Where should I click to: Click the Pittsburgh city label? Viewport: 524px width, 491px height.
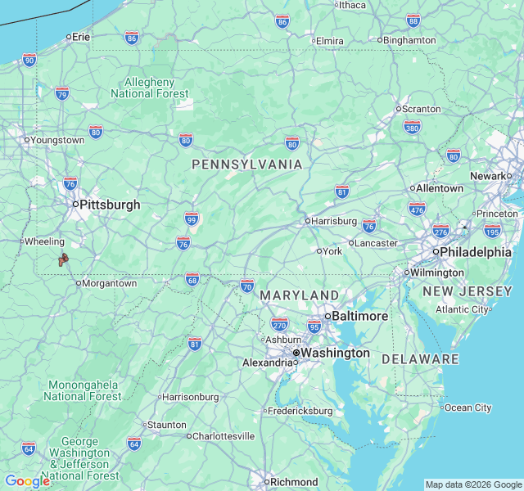pos(110,205)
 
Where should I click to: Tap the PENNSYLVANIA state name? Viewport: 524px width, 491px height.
pos(247,164)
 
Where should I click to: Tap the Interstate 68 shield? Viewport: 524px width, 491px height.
pos(192,279)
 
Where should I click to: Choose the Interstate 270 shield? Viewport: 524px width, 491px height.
pos(279,324)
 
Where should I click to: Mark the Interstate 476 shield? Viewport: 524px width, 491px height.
pos(417,209)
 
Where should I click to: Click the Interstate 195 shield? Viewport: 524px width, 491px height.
pos(492,232)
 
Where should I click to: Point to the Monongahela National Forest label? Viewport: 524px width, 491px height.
pos(84,390)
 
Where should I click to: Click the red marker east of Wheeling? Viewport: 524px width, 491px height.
pos(62,260)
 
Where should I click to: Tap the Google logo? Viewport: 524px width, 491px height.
pos(27,481)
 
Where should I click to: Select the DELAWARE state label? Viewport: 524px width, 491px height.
pos(420,359)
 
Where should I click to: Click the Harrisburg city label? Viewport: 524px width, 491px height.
pos(334,221)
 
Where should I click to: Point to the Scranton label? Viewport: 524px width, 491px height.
pos(422,109)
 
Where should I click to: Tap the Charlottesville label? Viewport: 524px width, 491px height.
pos(223,436)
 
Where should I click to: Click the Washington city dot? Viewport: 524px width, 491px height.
pos(296,354)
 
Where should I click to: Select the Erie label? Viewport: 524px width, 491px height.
pos(80,37)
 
